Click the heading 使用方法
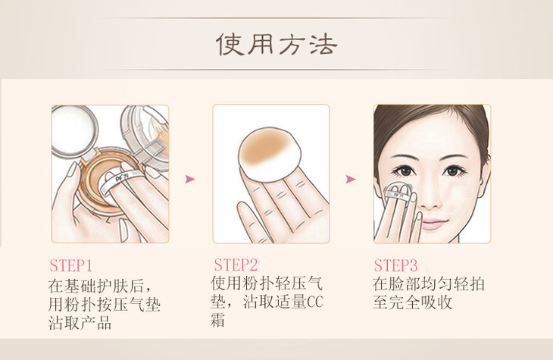coord(276,45)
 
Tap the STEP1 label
coord(71,266)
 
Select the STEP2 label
coord(236,265)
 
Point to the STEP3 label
coord(395,265)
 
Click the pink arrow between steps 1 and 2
coord(189,180)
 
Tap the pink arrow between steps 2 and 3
coord(351,180)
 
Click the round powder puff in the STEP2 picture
coord(270,155)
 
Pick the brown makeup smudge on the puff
coord(264,149)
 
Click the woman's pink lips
coord(433,224)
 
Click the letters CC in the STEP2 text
coord(315,302)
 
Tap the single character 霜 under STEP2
coord(218,321)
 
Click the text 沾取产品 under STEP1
coord(80,323)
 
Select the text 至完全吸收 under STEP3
coord(412,302)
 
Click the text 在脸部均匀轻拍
coord(429,284)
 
